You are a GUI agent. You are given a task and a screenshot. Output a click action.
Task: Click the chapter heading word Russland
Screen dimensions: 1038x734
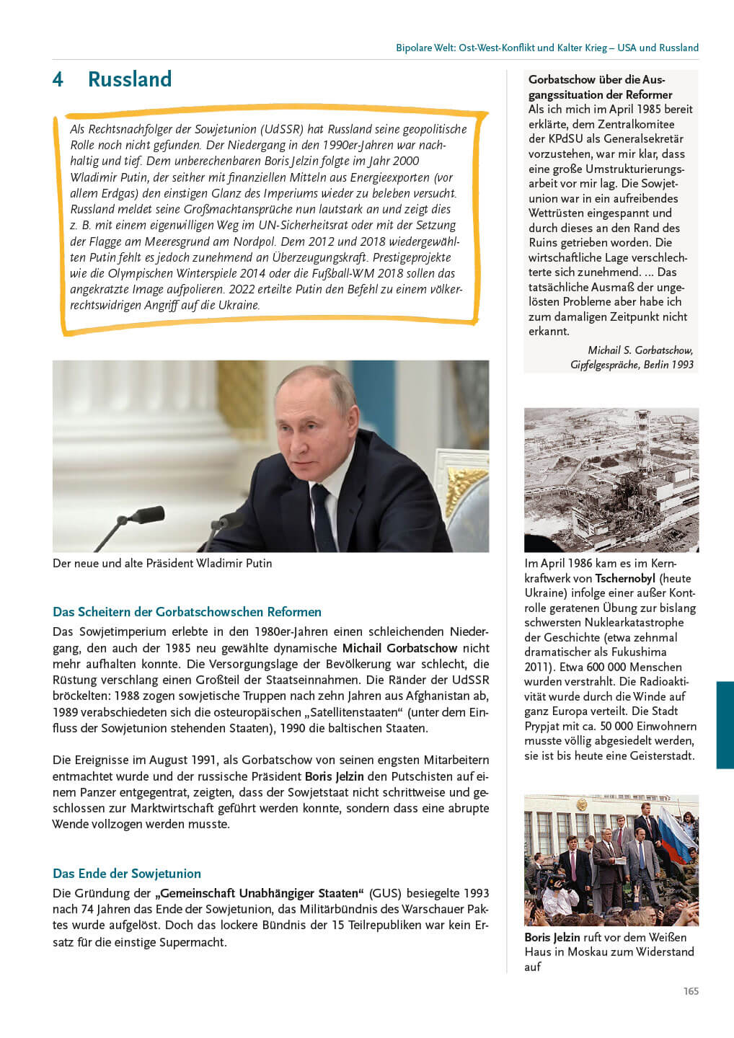point(130,79)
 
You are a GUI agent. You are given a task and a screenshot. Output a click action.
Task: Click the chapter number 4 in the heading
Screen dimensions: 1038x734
point(58,79)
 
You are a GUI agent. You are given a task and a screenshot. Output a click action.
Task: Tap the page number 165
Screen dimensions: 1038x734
point(691,991)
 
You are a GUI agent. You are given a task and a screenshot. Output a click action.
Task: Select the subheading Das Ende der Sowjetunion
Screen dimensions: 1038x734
point(127,874)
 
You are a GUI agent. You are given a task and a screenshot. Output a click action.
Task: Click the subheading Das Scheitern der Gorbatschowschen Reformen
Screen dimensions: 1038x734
point(187,612)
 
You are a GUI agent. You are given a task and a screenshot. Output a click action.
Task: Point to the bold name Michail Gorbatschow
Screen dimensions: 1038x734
point(399,648)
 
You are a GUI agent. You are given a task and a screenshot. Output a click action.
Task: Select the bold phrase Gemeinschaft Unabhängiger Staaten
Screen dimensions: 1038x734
point(259,893)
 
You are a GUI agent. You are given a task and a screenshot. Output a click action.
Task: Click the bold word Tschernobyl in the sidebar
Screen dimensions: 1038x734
point(625,578)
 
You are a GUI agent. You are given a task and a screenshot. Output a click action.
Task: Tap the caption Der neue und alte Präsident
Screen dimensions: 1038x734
point(162,563)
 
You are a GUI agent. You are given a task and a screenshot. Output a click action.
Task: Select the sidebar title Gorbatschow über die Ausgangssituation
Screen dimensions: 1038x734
point(598,87)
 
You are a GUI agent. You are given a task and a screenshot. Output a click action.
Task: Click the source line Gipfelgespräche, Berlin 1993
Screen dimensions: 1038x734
point(632,365)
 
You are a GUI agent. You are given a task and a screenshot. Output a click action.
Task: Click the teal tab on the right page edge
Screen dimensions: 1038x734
point(725,724)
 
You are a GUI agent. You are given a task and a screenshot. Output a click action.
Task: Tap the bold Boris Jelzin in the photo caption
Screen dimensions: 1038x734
point(552,937)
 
